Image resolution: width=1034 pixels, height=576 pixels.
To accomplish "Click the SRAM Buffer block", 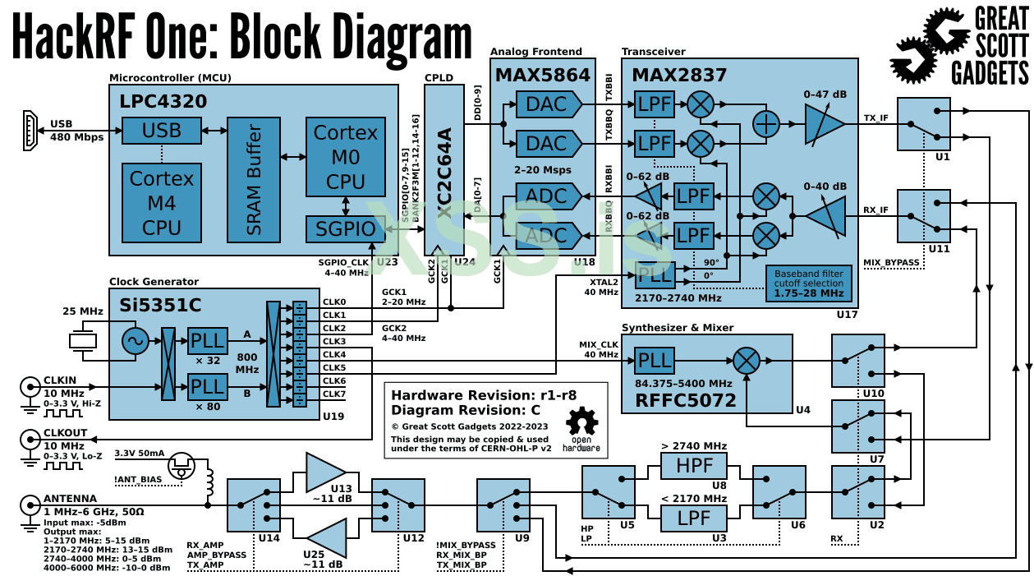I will point(254,180).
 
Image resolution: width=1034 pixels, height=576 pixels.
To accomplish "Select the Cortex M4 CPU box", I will point(162,202).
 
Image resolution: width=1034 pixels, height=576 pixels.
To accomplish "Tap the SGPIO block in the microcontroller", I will point(345,228).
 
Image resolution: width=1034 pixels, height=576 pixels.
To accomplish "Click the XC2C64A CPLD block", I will point(444,169).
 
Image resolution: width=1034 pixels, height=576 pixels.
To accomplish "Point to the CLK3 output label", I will point(334,341).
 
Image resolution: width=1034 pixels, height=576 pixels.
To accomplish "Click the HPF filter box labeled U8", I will point(694,466).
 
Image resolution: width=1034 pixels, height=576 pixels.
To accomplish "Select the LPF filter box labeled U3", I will point(694,518).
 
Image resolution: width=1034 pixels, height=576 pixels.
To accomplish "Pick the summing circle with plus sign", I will point(766,124).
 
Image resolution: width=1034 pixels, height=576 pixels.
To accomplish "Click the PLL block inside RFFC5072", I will point(655,361).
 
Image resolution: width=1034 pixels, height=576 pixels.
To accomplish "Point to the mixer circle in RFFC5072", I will point(747,361).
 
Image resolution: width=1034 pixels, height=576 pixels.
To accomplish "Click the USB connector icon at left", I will point(30,130).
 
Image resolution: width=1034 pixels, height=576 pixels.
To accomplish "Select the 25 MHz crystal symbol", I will point(83,340).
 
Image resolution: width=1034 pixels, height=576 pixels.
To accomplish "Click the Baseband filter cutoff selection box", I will point(809,283).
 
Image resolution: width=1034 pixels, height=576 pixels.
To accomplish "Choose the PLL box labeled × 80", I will point(207,386).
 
